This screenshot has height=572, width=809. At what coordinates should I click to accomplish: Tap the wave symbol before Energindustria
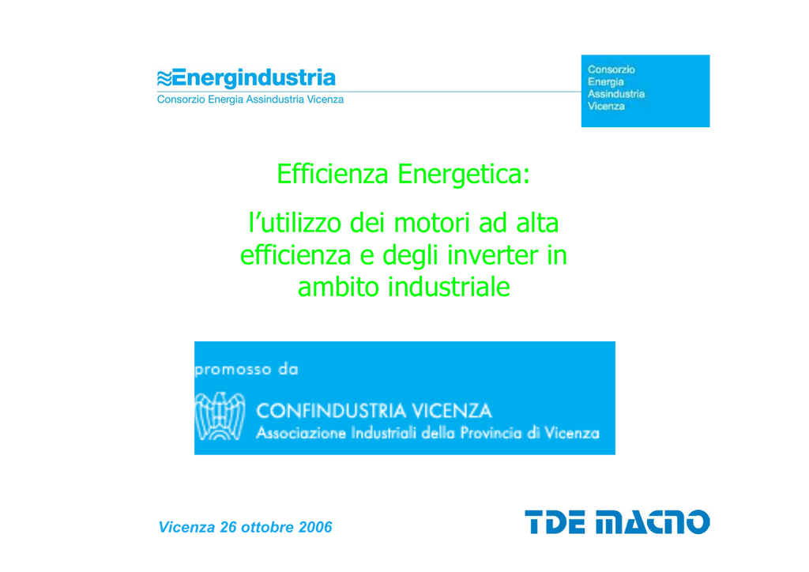164,79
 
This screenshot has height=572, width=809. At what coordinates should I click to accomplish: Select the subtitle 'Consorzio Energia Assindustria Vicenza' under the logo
250,100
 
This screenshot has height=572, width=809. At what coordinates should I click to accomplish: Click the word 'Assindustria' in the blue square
616,94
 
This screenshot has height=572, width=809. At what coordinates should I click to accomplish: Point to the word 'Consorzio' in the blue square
611,70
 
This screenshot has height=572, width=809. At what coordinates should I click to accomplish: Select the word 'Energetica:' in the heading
464,175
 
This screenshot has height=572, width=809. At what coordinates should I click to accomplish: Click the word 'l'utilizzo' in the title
295,224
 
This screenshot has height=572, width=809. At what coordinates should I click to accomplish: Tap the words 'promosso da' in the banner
246,369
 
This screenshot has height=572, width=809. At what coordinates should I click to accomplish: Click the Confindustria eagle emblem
220,416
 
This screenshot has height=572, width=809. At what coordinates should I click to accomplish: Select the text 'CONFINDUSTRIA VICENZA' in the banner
374,411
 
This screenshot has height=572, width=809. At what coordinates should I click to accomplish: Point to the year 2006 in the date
315,527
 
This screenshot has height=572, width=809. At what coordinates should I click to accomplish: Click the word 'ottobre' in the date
268,527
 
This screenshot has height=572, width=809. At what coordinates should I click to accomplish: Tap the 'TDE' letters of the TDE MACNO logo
555,521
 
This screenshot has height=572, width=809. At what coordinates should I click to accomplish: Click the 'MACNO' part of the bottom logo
653,521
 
